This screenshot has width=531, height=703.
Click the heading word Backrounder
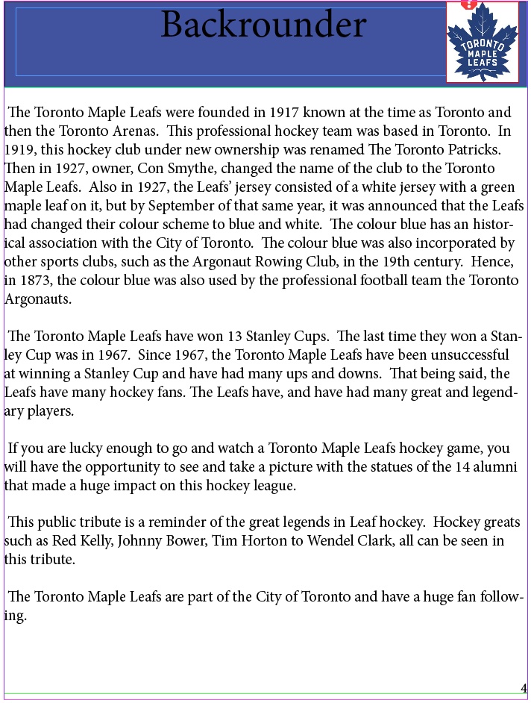[x=263, y=25]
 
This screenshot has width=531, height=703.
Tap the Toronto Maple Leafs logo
[x=482, y=43]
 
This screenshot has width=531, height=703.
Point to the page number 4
[x=524, y=688]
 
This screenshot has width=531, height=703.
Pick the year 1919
[x=19, y=150]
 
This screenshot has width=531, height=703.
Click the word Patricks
[x=459, y=150]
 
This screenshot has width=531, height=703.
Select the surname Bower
[x=186, y=541]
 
